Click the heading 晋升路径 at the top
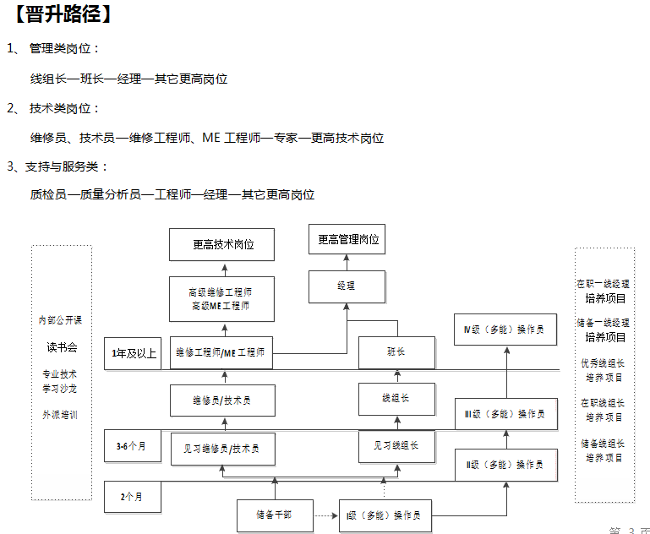coord(64,14)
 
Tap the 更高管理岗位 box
coord(348,240)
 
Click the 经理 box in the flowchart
coord(347,286)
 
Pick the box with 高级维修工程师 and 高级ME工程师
coord(221,298)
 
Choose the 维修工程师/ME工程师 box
coord(221,352)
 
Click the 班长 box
coord(396,352)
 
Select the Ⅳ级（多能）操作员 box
coord(505,329)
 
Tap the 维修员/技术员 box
coord(221,400)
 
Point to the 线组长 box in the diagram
coord(396,398)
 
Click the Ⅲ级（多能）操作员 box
coord(505,414)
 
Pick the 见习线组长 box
coord(396,445)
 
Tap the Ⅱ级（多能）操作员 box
coord(505,464)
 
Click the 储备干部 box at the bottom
coord(275,515)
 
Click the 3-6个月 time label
coord(132,446)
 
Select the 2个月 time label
coord(133,497)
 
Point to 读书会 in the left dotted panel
coord(62,347)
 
